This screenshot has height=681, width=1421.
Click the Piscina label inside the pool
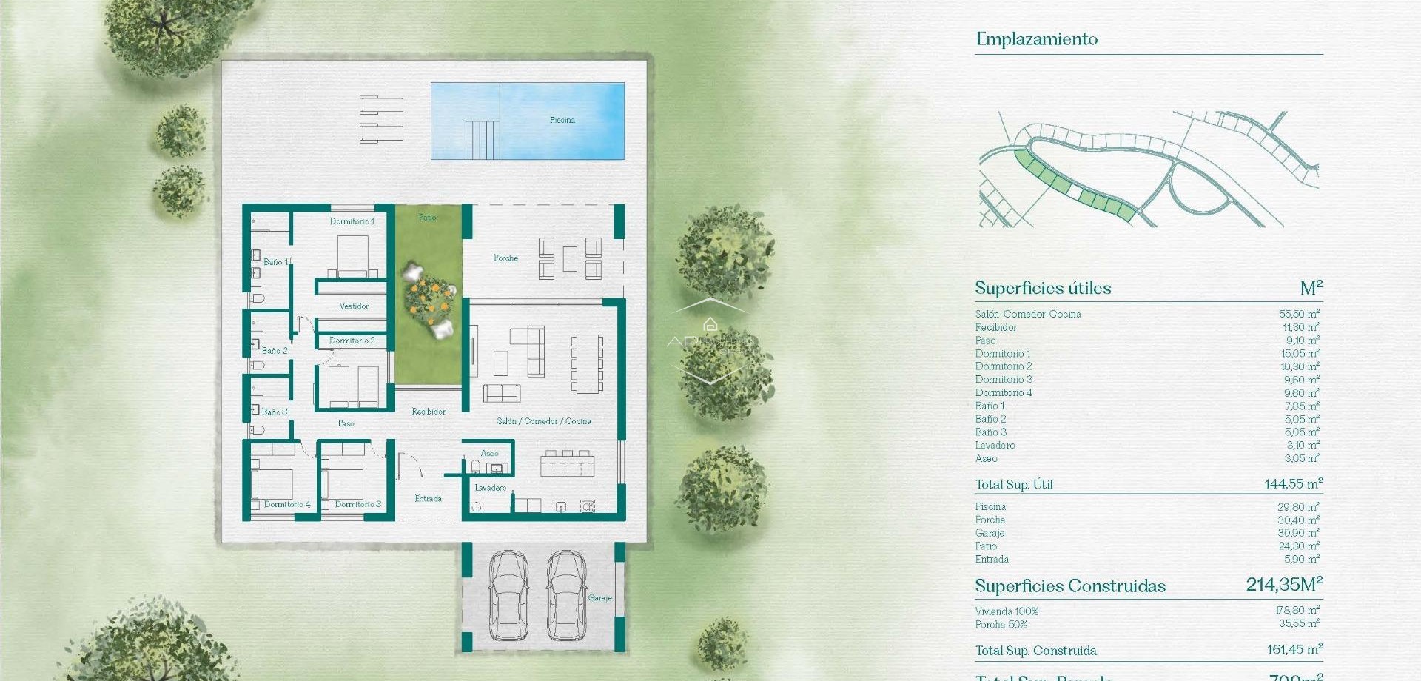tap(562, 120)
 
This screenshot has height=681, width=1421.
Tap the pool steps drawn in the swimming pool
tap(482, 140)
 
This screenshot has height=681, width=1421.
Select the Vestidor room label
tap(354, 306)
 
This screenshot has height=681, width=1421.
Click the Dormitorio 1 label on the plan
tap(352, 221)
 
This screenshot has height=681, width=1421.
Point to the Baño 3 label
tap(274, 412)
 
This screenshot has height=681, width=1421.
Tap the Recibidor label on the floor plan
tap(429, 412)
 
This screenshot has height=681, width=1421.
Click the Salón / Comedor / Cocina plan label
tap(543, 421)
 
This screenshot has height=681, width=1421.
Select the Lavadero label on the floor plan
tap(490, 488)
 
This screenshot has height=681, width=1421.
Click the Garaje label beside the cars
tap(599, 597)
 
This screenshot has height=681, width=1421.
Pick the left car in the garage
tap(508, 594)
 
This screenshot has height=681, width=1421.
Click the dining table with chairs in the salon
tap(587, 363)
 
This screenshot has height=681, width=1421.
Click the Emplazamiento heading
tap(1036, 39)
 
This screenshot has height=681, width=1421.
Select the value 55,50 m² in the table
tap(1298, 314)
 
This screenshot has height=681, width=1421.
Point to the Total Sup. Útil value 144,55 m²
tap(1293, 484)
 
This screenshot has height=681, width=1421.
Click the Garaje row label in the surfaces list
tap(990, 533)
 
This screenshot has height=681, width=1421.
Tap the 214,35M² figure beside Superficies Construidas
tap(1283, 585)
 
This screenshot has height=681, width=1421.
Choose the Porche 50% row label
tap(1001, 625)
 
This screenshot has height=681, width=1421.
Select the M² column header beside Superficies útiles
tap(1311, 288)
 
